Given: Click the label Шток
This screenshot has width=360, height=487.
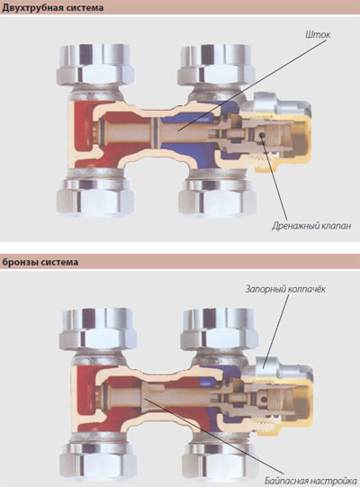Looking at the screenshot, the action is [317, 34].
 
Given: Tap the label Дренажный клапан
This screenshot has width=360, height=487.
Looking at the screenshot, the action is [311, 226].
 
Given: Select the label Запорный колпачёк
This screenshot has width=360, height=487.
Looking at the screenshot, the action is [285, 289].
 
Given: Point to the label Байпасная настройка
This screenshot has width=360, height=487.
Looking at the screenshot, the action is [310, 481].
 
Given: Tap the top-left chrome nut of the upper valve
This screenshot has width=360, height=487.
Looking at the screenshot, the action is [95, 65].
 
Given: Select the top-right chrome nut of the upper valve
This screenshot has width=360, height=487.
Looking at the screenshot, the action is [217, 65].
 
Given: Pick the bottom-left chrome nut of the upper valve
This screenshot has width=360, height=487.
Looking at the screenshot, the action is [95, 197].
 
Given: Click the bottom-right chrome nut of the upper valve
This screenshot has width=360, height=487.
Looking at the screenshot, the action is [218, 197].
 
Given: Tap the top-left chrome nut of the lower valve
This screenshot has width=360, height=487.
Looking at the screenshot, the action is [98, 329].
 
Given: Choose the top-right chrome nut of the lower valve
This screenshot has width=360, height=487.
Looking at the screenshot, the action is [220, 329].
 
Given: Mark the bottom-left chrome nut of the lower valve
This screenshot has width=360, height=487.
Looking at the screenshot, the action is [98, 462].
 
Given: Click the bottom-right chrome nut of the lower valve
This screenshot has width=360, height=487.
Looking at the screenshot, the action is [220, 462].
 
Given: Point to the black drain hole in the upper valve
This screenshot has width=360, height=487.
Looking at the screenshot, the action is [263, 136].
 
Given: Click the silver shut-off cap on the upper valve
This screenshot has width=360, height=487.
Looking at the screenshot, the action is [281, 104].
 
